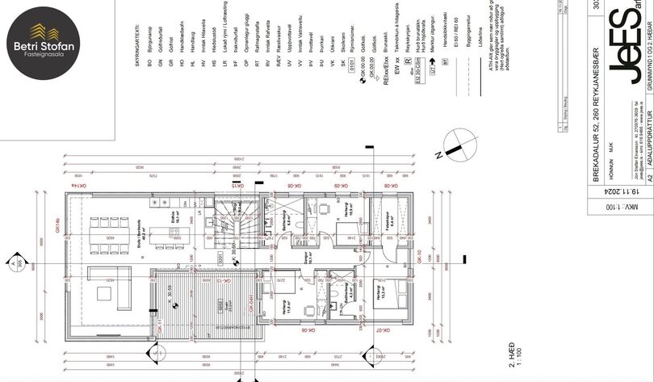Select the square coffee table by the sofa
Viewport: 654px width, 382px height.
[x=105, y=288]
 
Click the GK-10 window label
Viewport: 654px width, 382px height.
[x=419, y=260]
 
